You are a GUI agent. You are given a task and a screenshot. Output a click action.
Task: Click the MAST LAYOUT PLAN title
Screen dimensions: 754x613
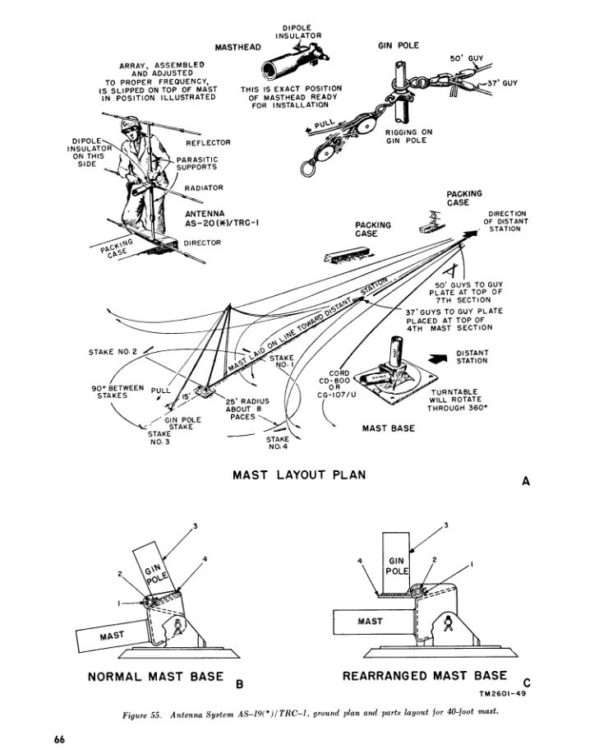click(298, 474)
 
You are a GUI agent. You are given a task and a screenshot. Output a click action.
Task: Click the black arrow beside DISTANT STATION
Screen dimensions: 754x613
click(440, 357)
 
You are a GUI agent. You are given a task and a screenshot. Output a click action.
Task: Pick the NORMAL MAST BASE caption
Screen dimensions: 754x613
click(156, 677)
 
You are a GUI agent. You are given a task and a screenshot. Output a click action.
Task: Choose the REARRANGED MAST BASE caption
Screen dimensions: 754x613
click(424, 676)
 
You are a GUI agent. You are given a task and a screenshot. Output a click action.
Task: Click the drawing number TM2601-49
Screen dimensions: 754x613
click(501, 694)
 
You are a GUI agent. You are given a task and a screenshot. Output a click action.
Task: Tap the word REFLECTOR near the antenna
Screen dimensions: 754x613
click(208, 142)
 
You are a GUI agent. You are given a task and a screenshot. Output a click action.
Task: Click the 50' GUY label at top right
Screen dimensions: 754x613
click(466, 59)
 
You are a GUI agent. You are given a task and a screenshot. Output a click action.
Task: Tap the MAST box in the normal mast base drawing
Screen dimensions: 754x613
click(112, 636)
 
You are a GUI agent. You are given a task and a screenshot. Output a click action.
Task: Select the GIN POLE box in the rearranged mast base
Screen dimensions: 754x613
click(397, 562)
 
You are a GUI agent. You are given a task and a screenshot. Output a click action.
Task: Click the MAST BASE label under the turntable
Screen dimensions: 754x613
click(389, 428)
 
